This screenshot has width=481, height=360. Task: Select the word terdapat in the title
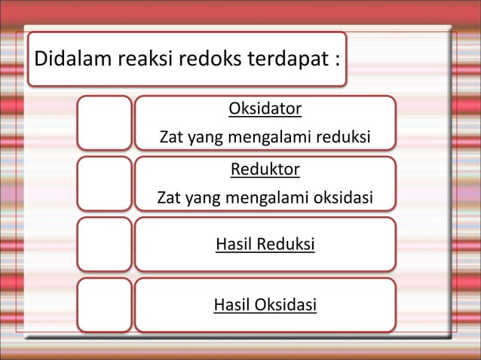[x=283, y=58]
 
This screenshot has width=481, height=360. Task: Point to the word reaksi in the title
[x=146, y=58]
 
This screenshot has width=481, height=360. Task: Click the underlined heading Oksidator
[x=265, y=110]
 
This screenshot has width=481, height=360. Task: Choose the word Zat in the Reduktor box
[x=169, y=199]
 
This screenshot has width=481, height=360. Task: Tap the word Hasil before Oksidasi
[x=233, y=305]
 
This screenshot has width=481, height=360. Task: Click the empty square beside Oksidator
[x=105, y=122]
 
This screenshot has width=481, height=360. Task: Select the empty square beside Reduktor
[x=105, y=183]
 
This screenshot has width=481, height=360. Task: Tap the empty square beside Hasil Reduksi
[x=105, y=244]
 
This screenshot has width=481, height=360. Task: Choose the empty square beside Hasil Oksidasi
[x=105, y=304]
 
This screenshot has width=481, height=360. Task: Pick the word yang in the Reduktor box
[x=202, y=200]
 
